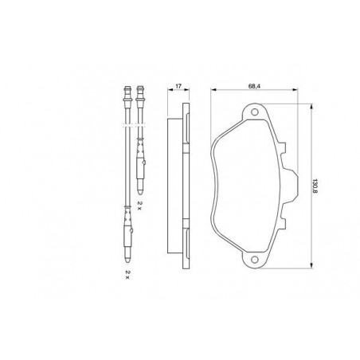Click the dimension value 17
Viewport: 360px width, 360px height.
click(178, 86)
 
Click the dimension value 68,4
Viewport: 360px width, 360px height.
click(253, 86)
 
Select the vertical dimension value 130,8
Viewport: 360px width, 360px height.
click(315, 186)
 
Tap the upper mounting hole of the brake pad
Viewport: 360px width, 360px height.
click(255, 112)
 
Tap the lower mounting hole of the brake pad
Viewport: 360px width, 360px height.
click(255, 260)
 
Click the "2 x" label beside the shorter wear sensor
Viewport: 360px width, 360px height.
click(139, 205)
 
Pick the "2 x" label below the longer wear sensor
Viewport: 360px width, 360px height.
click(127, 275)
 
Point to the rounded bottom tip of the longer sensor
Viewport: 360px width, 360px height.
click(127, 260)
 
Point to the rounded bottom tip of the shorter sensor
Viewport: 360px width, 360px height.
click(139, 191)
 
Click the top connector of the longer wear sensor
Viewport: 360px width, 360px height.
click(127, 94)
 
